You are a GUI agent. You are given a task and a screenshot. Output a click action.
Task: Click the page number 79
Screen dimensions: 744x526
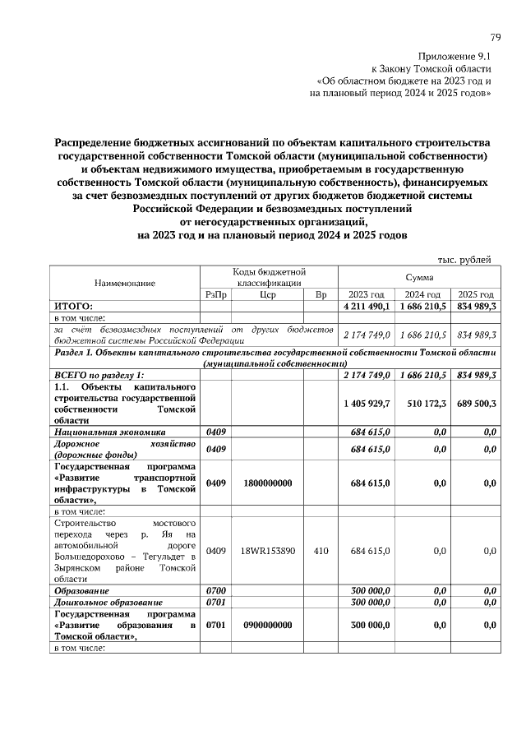(496, 37)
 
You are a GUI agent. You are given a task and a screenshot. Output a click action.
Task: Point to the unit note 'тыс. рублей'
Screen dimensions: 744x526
(464, 260)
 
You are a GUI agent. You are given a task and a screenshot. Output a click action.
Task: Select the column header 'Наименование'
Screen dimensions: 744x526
(125, 282)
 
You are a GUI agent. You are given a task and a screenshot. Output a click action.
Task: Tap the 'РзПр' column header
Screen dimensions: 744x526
(215, 294)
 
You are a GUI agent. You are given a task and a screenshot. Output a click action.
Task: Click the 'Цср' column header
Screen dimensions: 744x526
(267, 294)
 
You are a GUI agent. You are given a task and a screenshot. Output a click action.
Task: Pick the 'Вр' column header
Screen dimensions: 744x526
(321, 294)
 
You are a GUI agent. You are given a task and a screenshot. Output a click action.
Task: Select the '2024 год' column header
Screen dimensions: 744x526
(422, 294)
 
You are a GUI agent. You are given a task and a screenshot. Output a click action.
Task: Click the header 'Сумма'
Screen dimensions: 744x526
(419, 278)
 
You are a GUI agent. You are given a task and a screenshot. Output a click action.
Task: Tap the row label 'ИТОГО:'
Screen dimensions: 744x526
(73, 306)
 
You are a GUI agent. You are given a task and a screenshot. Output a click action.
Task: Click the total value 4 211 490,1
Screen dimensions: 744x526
(366, 306)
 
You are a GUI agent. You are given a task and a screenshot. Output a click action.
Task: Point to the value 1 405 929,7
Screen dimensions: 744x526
(366, 403)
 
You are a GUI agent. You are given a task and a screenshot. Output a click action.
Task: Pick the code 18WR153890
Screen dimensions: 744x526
(267, 550)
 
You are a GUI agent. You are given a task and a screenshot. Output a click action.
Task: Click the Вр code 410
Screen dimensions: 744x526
(321, 550)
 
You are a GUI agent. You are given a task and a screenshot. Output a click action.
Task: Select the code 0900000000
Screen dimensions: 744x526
(267, 625)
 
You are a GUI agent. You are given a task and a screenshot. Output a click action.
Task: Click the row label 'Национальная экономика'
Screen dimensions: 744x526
(109, 431)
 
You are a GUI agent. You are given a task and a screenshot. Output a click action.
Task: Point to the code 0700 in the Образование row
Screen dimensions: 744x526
(215, 590)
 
